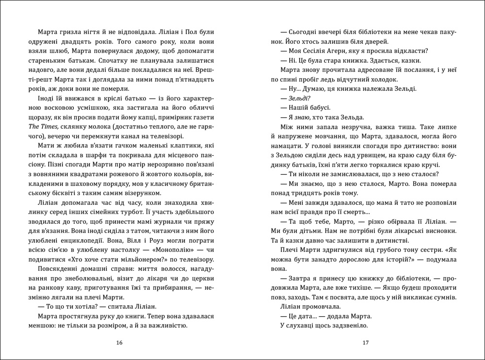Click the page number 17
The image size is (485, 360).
point(366,343)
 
